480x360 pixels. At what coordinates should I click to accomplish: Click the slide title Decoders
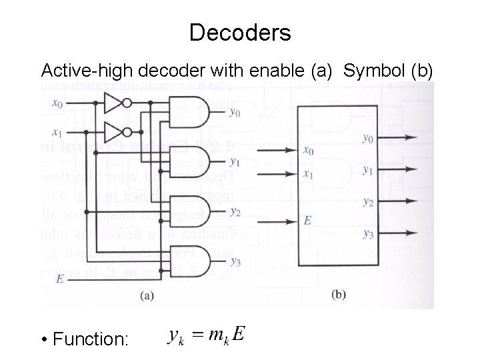240,32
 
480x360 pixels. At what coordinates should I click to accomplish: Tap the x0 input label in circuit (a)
57,104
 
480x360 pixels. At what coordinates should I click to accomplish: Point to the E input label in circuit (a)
60,279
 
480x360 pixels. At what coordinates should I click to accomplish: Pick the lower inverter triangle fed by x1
116,129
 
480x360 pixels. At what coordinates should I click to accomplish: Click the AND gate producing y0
190,109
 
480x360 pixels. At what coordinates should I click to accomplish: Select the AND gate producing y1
190,158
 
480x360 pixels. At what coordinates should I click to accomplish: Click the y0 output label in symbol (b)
367,139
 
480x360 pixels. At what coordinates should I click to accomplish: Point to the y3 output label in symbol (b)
367,233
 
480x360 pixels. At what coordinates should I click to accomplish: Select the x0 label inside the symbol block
307,151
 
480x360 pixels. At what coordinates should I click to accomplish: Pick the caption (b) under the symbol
339,294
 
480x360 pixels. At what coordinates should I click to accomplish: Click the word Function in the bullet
91,339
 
